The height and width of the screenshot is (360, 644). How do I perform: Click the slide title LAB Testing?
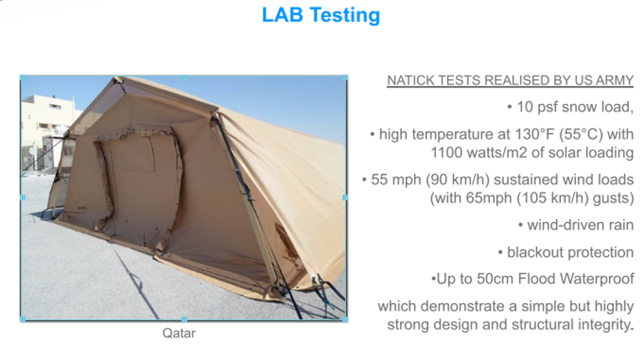coord(321,15)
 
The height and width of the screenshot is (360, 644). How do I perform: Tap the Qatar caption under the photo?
coord(179,333)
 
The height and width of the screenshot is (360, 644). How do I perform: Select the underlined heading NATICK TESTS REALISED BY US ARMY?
coord(510,80)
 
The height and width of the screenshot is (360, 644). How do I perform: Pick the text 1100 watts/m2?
coord(479,153)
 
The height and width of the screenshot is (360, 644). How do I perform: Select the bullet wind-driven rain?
coord(580,225)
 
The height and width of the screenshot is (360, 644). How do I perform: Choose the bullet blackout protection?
coord(570,252)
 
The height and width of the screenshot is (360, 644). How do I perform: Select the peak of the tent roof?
coord(116,79)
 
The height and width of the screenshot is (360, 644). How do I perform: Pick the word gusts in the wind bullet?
coord(609,198)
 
